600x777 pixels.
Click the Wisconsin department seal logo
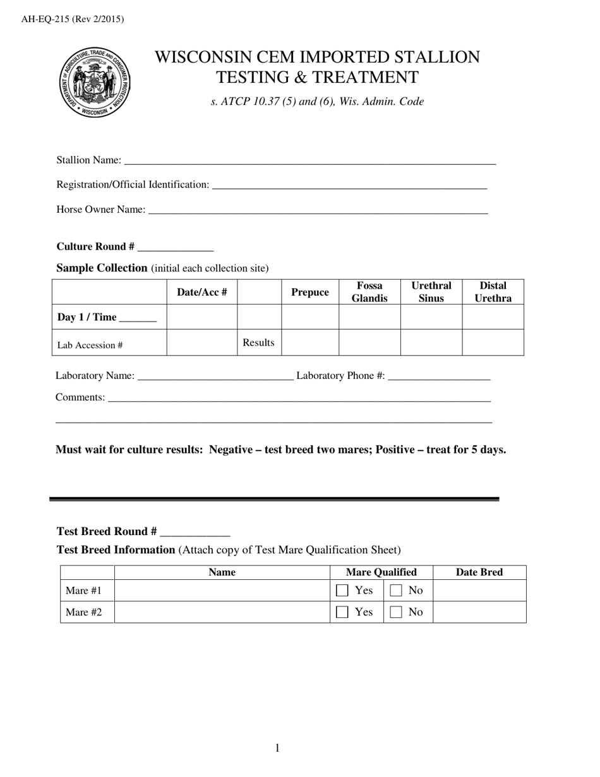point(94,83)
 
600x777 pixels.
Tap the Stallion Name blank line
point(309,161)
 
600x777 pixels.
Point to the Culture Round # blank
point(175,247)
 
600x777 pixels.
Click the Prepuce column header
point(309,292)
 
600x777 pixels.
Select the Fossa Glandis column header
point(369,292)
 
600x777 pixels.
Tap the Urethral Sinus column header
point(431,292)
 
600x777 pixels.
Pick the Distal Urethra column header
point(493,292)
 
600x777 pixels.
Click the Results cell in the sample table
point(259,342)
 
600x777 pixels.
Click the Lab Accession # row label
point(90,345)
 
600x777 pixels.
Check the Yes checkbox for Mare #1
point(342,591)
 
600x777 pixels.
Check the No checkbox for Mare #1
point(396,591)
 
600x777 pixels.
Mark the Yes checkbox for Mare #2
point(342,612)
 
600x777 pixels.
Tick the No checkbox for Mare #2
point(396,612)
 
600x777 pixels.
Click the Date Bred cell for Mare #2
point(479,611)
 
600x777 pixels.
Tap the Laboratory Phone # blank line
point(439,376)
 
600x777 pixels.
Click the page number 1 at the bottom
point(277,749)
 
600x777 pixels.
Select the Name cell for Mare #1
point(222,591)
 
